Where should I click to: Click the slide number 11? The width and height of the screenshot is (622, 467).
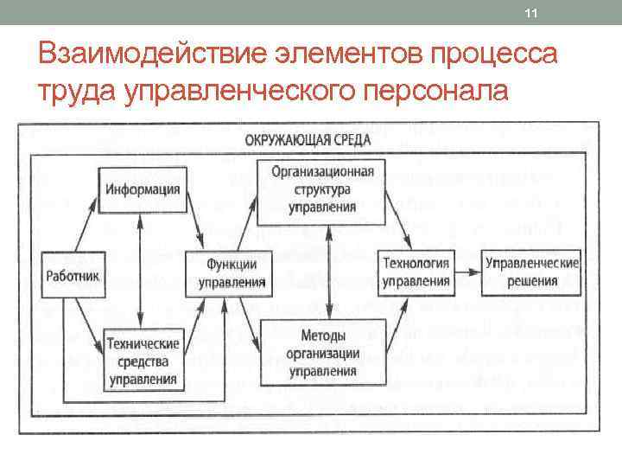coord(531,13)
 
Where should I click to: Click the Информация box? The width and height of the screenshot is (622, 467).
coord(143,189)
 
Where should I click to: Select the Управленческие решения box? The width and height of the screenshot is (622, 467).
coord(531,272)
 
